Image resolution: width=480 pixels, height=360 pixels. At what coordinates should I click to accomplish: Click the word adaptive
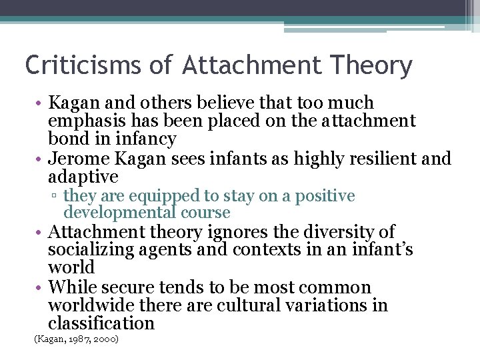(x=83, y=177)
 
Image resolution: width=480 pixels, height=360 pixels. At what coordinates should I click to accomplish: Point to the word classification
(x=101, y=324)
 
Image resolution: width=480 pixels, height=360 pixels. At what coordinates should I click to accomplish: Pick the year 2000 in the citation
(x=106, y=339)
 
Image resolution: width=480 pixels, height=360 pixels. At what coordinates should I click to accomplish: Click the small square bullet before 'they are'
(x=57, y=197)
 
